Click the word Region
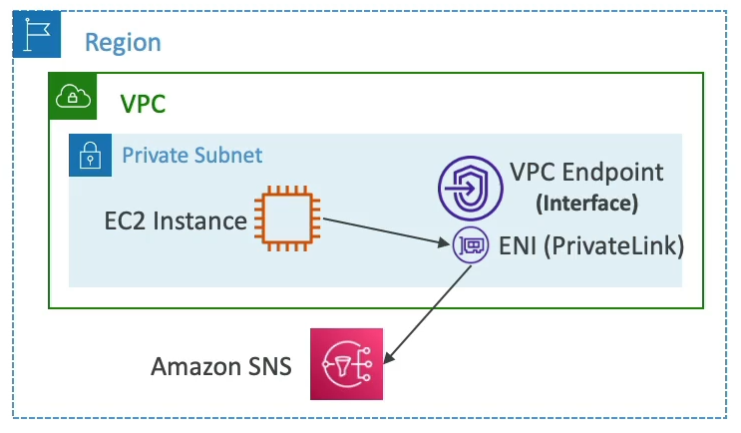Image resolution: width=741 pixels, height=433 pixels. point(123,42)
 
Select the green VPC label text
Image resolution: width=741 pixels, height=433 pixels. point(143,103)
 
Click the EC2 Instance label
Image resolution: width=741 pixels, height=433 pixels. point(175,219)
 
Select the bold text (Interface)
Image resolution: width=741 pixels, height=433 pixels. point(586,204)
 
